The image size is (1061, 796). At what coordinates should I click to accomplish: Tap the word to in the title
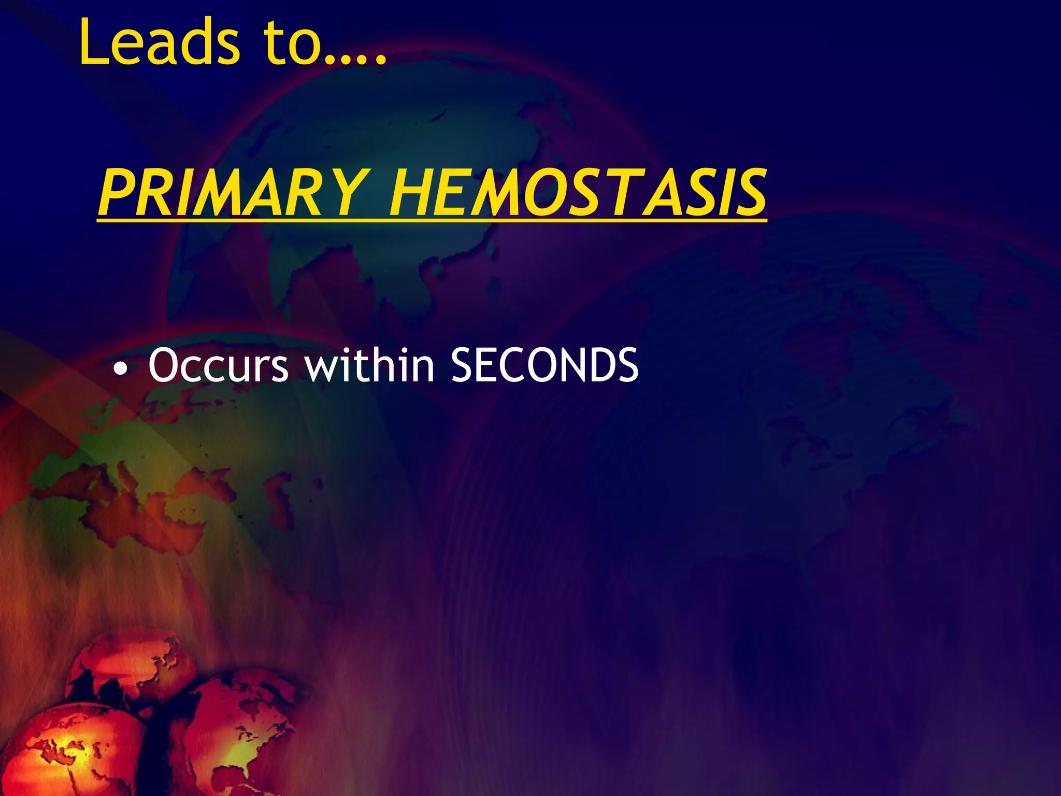pos(290,42)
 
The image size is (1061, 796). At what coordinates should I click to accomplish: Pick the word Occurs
pos(218,366)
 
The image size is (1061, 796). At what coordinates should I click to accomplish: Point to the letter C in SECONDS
pos(497,366)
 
